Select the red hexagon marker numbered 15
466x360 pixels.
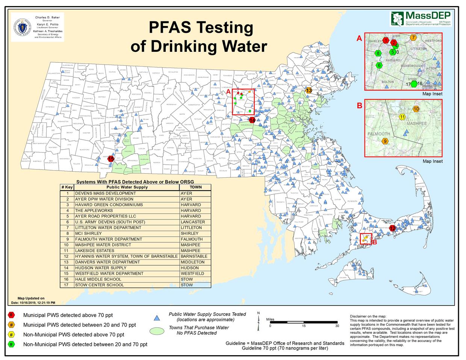click(x=111, y=159)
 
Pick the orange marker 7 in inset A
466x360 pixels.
click(x=413, y=38)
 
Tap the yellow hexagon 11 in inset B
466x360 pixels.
click(x=402, y=117)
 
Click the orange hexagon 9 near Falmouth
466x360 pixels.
click(x=385, y=141)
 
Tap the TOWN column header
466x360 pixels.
click(x=195, y=187)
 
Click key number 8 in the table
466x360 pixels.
click(x=68, y=233)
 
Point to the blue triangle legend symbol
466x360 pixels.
click(x=157, y=318)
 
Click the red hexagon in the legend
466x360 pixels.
click(x=12, y=315)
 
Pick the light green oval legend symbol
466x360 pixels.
click(x=157, y=331)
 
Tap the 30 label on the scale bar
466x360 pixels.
click(x=337, y=326)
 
